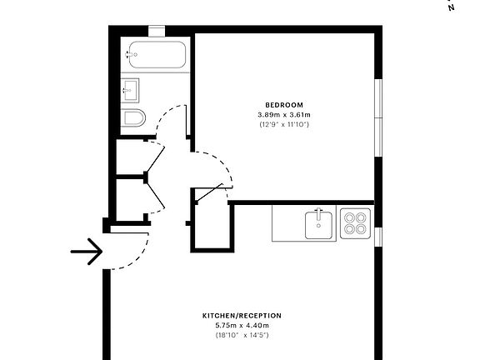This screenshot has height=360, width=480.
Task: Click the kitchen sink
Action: [320, 223]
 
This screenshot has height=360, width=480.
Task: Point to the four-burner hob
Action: [354, 223]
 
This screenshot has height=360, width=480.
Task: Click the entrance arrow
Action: [86, 251]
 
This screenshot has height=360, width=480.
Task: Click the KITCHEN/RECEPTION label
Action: [242, 316]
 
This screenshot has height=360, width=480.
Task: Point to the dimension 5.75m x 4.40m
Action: [242, 325]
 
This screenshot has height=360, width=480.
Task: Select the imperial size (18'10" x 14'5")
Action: [242, 335]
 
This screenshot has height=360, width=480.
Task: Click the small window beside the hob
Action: [377, 237]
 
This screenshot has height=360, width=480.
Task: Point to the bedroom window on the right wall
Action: [377, 117]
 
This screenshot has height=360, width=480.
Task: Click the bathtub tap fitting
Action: [130, 54]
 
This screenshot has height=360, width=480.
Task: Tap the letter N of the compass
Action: [452, 7]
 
